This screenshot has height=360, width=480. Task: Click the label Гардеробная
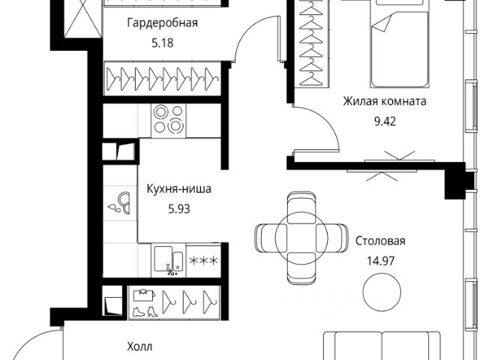click(161, 22)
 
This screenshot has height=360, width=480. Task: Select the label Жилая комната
click(385, 101)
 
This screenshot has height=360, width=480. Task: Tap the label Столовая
click(380, 241)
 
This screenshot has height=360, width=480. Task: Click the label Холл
click(139, 346)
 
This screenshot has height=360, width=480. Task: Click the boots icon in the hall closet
click(143, 301)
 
